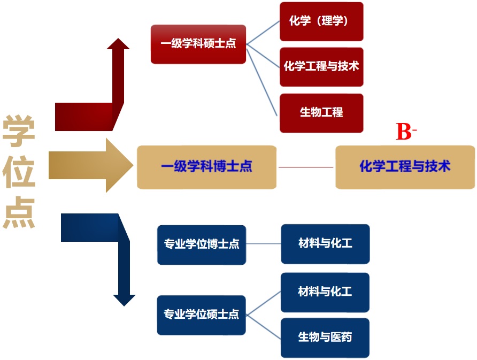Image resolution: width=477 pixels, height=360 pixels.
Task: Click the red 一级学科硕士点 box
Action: tap(198, 44)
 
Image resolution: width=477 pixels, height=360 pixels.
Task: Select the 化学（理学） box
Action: tap(321, 21)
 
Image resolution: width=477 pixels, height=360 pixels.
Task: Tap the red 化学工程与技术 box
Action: tap(321, 67)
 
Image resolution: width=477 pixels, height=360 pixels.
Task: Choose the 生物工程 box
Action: tap(321, 113)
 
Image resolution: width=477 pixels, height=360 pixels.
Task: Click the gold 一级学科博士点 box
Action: tap(206, 167)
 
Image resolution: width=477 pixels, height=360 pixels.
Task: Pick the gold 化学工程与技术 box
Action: tap(405, 167)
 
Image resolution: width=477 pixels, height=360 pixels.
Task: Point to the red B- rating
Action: tap(405, 132)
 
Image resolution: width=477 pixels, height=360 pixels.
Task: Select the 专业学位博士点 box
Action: tap(202, 244)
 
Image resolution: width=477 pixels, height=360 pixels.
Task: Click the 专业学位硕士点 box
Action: tap(202, 315)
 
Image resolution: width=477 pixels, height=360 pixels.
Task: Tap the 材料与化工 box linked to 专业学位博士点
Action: tap(325, 244)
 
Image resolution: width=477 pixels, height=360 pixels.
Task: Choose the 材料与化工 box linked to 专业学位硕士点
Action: tap(325, 292)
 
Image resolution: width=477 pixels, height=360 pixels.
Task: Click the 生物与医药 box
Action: tap(325, 338)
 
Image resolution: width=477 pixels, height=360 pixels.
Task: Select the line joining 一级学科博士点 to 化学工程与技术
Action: tap(306, 167)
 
